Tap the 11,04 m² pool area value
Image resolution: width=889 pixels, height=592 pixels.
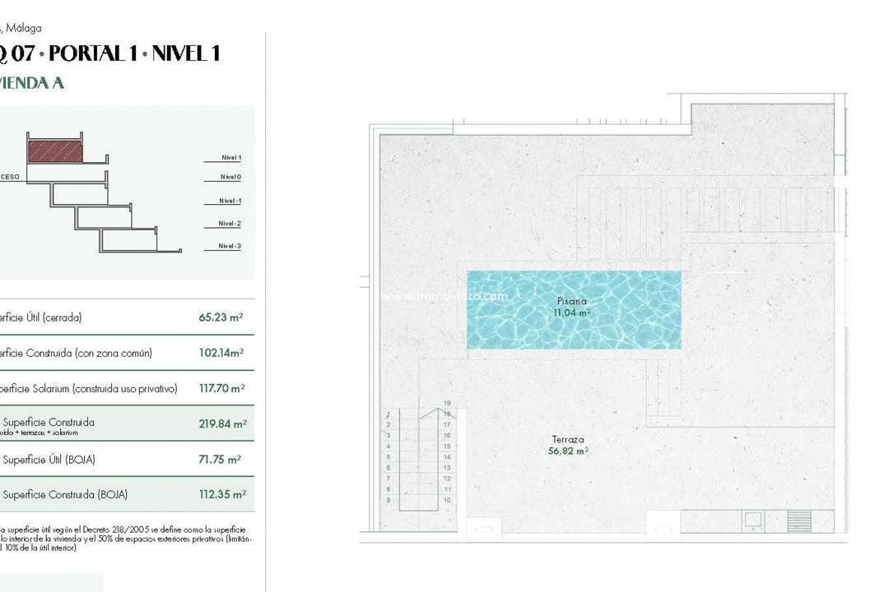point(572,312)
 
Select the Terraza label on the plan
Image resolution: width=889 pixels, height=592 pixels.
point(567,440)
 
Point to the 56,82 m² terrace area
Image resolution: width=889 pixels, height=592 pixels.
point(567,451)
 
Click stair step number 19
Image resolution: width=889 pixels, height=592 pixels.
point(447,403)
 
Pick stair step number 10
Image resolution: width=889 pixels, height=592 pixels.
point(447,499)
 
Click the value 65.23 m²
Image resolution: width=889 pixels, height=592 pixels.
point(221,317)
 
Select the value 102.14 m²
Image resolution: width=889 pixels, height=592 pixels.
point(222,354)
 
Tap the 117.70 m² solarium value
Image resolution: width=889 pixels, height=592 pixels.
point(221,389)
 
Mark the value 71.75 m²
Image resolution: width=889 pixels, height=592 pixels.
point(221,460)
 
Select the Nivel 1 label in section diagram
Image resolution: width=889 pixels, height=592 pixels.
point(230,157)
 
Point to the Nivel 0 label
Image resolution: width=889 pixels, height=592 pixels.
point(230,177)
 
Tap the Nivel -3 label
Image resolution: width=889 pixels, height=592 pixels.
point(230,246)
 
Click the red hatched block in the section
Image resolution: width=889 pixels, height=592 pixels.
point(55,150)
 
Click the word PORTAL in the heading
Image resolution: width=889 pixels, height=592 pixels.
point(84,54)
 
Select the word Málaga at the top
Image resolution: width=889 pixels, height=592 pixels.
point(25,27)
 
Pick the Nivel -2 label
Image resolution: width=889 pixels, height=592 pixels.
point(230,224)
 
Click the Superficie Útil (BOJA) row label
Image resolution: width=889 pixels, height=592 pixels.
point(49,460)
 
